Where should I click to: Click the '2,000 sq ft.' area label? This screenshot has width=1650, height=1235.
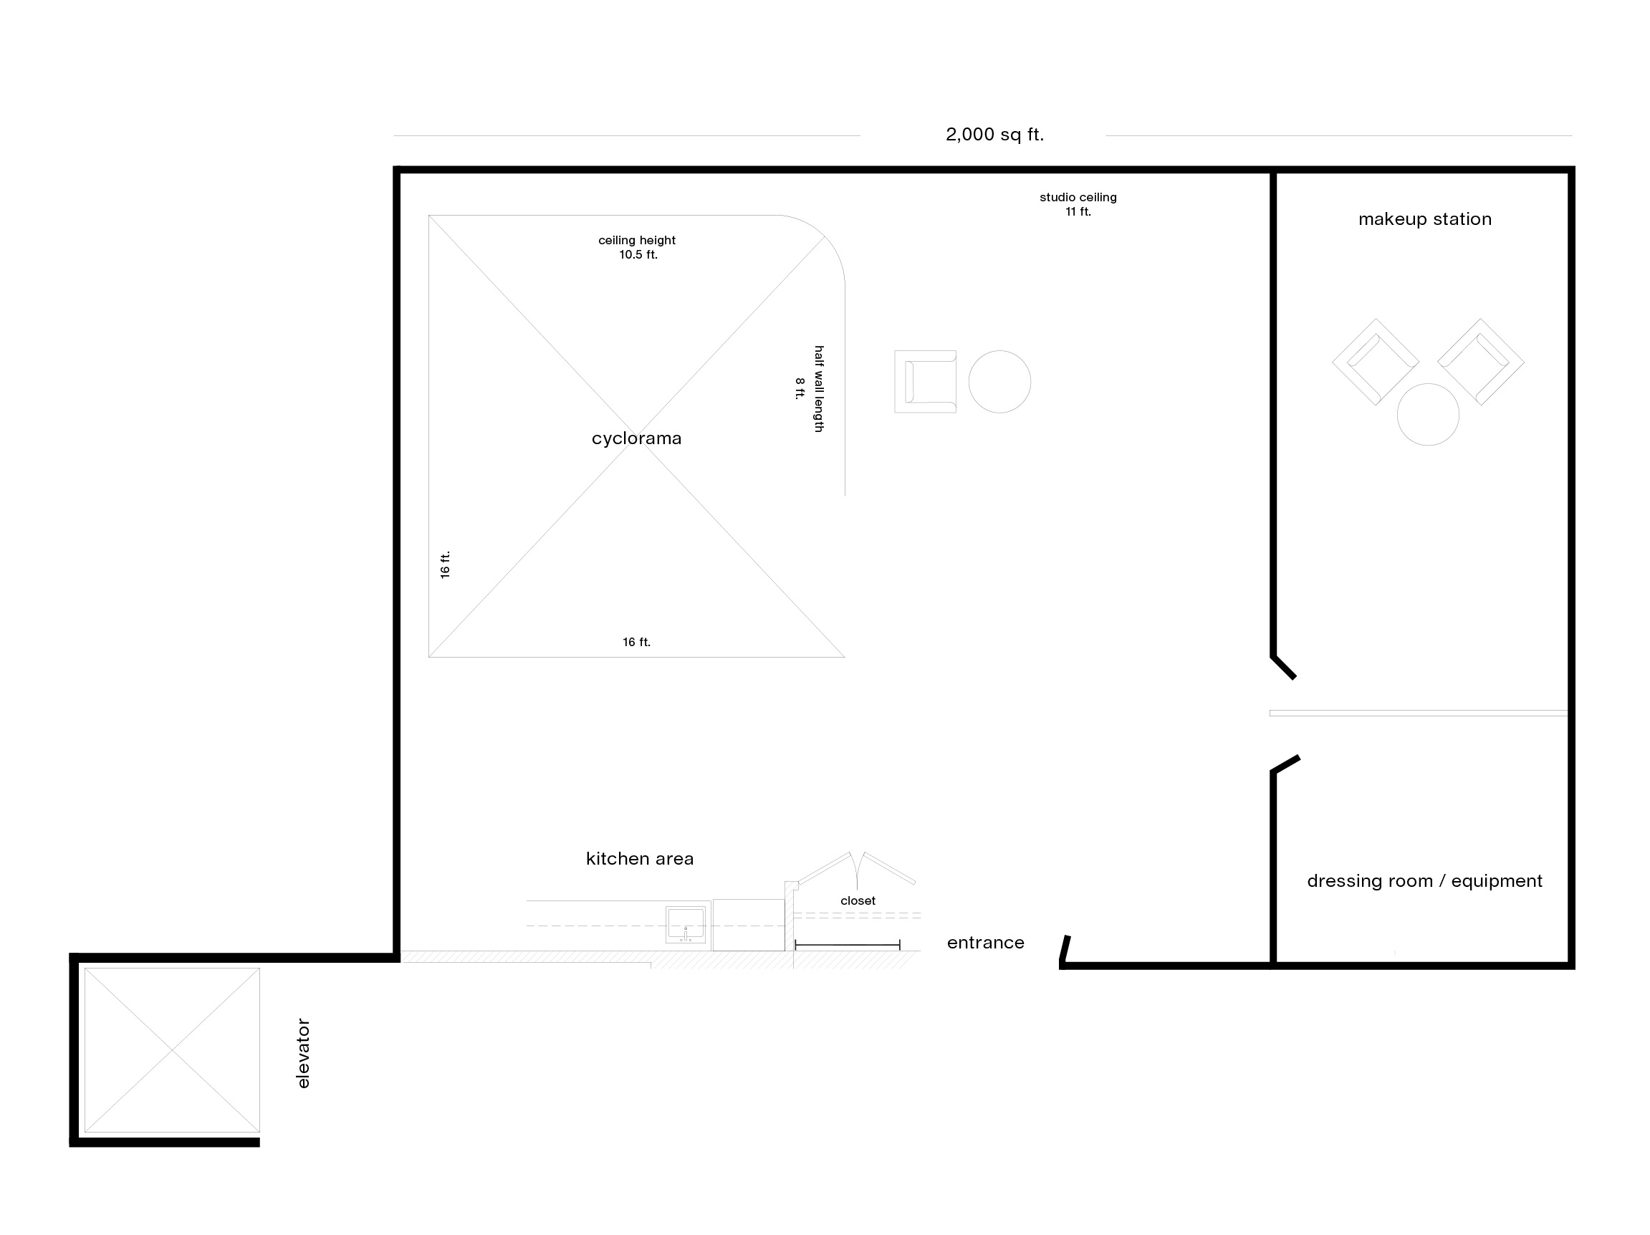click(x=994, y=135)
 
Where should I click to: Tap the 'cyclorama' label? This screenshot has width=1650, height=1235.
click(x=636, y=438)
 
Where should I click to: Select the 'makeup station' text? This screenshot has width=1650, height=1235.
click(x=1425, y=219)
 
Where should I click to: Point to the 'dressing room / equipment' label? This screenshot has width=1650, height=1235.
click(x=1425, y=882)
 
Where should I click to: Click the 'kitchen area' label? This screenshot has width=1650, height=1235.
click(x=640, y=859)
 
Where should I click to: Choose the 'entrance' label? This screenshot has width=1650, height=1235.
click(x=985, y=943)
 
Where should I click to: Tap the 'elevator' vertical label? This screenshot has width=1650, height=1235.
click(x=303, y=1053)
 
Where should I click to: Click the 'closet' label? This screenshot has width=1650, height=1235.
click(x=858, y=901)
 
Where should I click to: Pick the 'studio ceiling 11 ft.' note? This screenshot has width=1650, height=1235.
click(x=1078, y=204)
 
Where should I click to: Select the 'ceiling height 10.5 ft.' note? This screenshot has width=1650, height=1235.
click(x=637, y=248)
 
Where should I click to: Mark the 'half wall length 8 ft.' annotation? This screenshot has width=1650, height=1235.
click(x=810, y=388)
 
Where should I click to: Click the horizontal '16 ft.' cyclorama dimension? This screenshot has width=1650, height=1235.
click(x=636, y=642)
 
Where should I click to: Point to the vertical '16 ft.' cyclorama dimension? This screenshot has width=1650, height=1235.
click(x=446, y=564)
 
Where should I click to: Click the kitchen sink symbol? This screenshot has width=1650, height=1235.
click(x=686, y=925)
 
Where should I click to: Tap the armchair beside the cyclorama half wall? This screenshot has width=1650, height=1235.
click(x=925, y=382)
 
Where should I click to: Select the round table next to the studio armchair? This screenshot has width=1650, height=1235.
click(x=999, y=382)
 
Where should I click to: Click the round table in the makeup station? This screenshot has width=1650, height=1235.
click(x=1428, y=415)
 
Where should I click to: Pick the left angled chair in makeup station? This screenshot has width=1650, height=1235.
click(x=1376, y=362)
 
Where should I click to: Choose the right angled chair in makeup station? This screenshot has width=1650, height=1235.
click(x=1481, y=362)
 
